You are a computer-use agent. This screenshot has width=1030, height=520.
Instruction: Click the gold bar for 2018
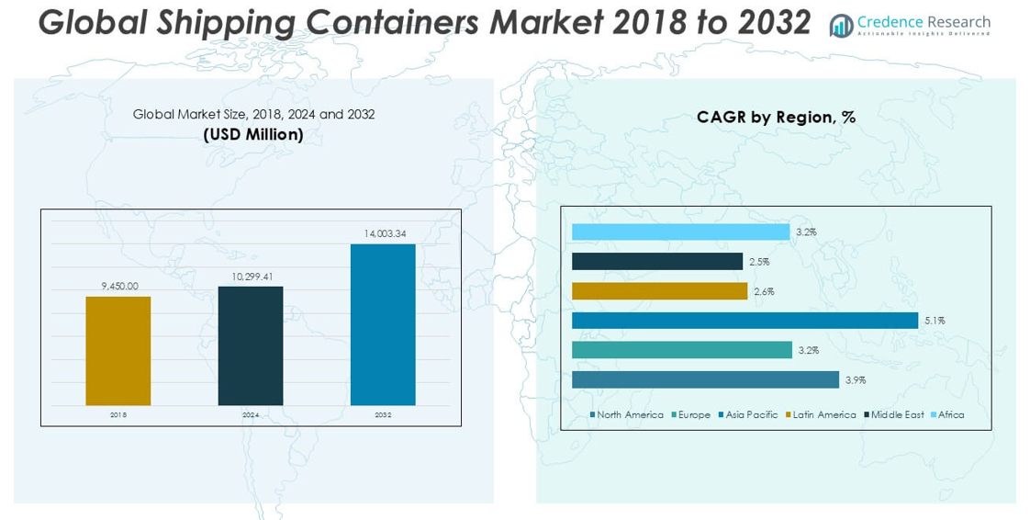(118, 350)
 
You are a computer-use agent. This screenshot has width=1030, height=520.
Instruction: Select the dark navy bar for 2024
(251, 345)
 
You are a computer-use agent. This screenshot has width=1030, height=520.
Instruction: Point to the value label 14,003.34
(383, 234)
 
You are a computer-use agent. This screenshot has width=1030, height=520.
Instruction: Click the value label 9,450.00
(119, 286)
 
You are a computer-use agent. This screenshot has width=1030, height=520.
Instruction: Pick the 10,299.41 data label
(251, 276)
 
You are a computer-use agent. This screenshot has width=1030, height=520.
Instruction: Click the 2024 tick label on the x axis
(251, 415)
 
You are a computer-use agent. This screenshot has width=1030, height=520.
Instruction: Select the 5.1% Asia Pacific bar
(745, 321)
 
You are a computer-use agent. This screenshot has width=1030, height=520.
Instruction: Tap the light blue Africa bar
(680, 232)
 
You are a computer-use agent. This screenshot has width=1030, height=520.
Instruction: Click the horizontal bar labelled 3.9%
(705, 379)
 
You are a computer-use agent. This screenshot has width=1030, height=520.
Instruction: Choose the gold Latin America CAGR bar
(659, 291)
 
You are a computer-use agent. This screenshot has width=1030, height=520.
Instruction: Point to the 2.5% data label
(759, 262)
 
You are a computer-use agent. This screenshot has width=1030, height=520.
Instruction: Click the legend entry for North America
(629, 415)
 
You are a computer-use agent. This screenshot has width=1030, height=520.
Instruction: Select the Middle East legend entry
(896, 415)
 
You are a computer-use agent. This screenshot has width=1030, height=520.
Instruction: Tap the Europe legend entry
(693, 415)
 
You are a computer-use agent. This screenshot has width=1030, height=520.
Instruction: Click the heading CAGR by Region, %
(776, 117)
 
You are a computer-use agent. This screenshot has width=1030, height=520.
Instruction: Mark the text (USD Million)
(253, 134)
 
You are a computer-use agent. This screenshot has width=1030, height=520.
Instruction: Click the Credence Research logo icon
(840, 26)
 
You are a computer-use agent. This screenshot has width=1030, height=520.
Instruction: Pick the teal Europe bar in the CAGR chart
(681, 350)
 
